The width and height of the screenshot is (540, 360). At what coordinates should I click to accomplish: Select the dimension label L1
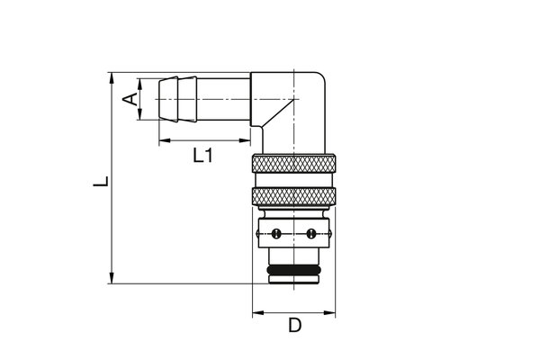pyautogui.click(x=203, y=156)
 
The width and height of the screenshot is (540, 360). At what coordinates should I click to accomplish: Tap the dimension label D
pyautogui.click(x=294, y=326)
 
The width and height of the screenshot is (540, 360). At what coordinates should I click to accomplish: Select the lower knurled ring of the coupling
pyautogui.click(x=293, y=198)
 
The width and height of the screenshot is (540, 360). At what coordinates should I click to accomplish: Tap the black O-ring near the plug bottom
pyautogui.click(x=293, y=270)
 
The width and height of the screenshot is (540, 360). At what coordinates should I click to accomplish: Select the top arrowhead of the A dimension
pyautogui.click(x=140, y=82)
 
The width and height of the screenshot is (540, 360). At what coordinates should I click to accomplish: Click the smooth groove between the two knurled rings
pyautogui.click(x=293, y=181)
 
